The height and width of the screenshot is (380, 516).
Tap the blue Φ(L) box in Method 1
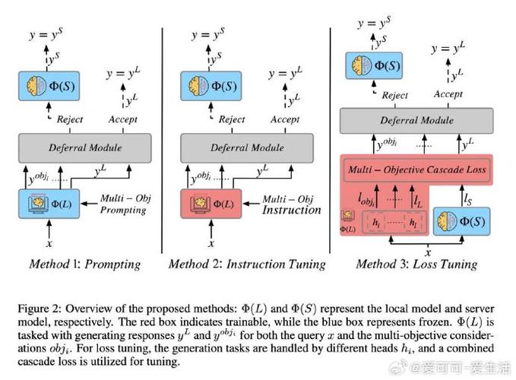click(x=49, y=204)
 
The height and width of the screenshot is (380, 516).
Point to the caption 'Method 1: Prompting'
click(x=84, y=264)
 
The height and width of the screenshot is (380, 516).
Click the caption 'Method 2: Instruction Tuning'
click(x=246, y=264)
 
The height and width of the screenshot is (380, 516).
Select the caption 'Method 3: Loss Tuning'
click(x=416, y=264)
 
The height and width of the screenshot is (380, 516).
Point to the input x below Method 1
click(x=49, y=244)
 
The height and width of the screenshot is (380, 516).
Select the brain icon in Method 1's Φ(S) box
click(x=36, y=85)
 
